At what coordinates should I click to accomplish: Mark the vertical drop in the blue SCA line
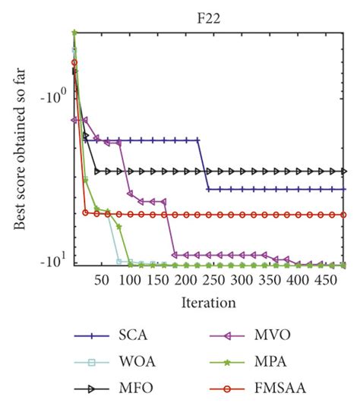click(204, 164)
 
